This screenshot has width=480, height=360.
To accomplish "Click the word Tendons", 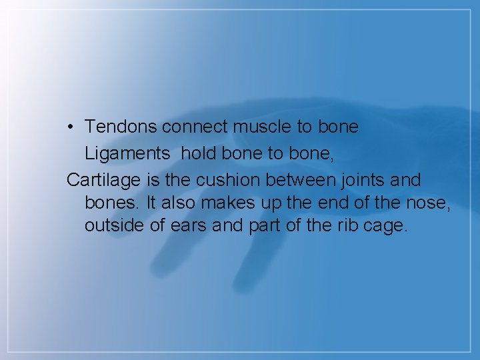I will point(121,127).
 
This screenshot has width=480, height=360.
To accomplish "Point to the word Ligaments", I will point(127,154).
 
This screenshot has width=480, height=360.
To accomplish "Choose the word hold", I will point(197,153).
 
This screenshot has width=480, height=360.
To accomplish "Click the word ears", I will point(188,225).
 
